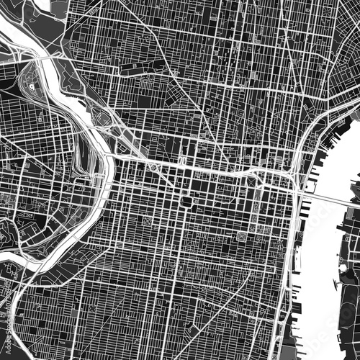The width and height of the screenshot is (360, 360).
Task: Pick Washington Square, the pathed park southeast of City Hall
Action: (242, 236)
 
